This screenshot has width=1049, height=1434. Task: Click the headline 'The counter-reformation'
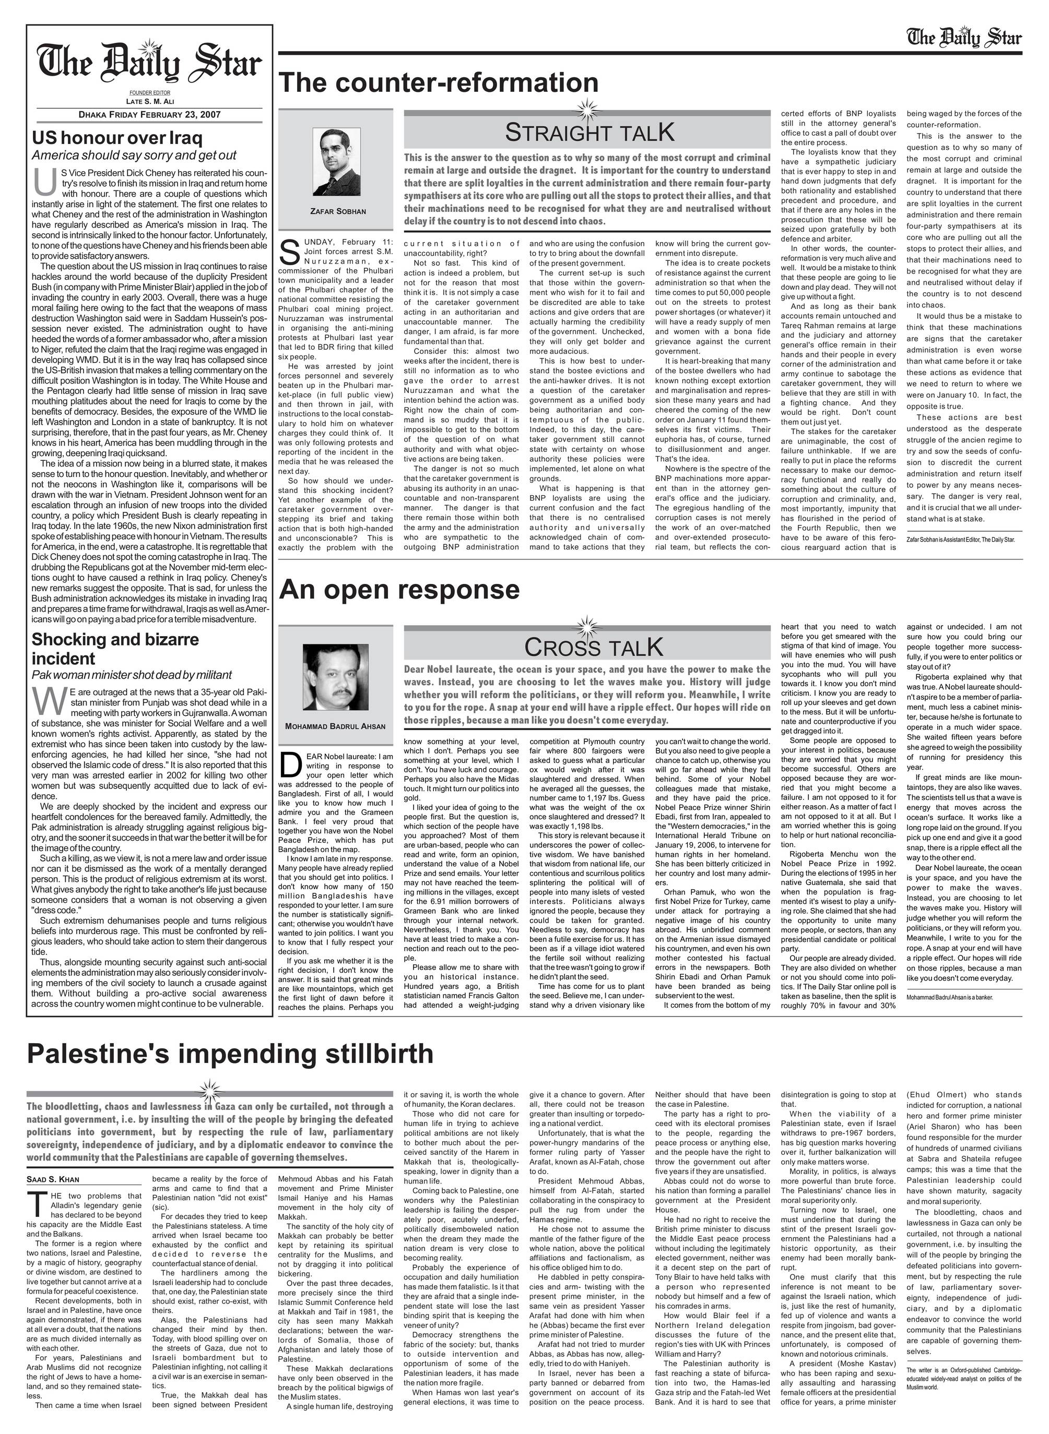[x=438, y=83]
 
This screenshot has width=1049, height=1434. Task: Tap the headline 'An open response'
[x=399, y=590]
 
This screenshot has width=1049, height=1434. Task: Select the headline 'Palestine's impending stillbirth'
[x=230, y=1054]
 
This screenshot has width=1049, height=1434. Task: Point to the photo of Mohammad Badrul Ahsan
[x=335, y=679]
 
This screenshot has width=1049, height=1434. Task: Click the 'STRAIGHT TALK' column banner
[x=588, y=133]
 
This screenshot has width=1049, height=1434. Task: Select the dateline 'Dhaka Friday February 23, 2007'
[x=149, y=115]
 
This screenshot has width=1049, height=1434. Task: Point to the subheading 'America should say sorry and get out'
[x=134, y=156]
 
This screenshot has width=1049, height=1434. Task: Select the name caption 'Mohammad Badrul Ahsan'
[x=335, y=726]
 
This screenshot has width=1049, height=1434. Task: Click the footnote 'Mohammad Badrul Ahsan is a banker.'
[x=949, y=997]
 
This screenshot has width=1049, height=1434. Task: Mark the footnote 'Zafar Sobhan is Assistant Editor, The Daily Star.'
[x=961, y=540]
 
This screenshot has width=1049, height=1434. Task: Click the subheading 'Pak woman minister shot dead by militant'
[x=132, y=675]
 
